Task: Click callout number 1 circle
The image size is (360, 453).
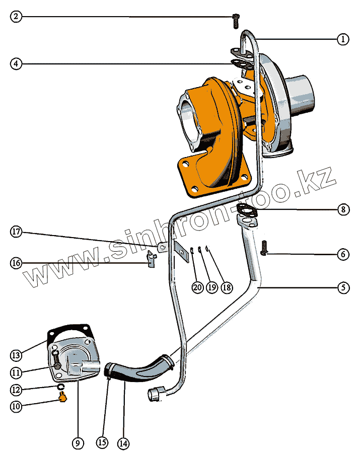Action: (x=343, y=39)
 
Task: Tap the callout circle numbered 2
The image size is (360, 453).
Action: (x=17, y=17)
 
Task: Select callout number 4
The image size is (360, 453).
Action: (x=17, y=64)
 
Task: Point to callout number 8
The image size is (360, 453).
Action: (x=343, y=209)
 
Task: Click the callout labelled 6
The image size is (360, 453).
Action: (x=343, y=254)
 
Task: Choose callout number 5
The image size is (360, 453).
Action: (x=343, y=288)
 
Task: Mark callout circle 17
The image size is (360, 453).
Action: (x=17, y=232)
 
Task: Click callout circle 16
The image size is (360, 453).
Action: (x=17, y=263)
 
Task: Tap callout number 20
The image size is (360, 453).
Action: (x=197, y=287)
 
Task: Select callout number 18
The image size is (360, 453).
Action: (x=227, y=287)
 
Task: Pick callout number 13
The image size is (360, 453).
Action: (x=17, y=355)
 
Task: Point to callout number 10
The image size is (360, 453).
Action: (x=17, y=407)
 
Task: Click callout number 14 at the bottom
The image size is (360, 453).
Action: (x=123, y=443)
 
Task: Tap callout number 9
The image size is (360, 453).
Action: (x=77, y=443)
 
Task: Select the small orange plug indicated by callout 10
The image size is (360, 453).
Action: (x=62, y=398)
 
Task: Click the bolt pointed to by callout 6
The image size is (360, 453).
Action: (x=265, y=247)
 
